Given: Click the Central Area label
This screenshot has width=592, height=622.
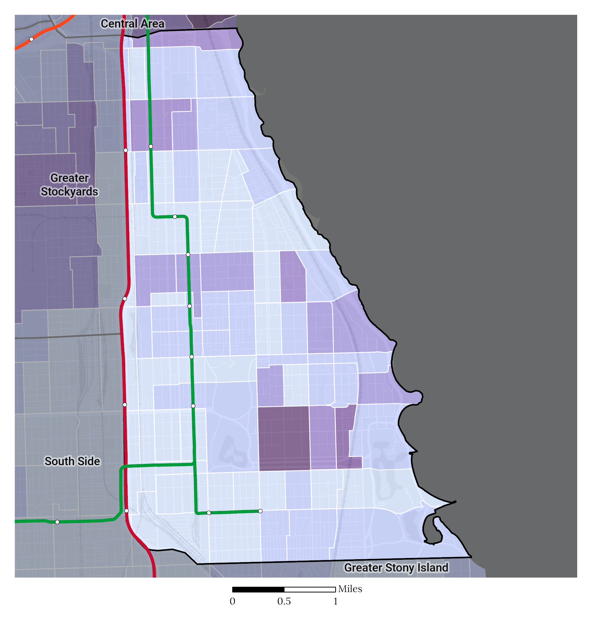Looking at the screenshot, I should click(x=132, y=24).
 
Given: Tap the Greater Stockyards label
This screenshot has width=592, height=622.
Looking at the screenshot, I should click(x=70, y=185).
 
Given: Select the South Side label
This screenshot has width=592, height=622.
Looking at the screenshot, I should click(x=72, y=461).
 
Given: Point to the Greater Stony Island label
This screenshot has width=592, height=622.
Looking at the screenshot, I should click(x=396, y=568).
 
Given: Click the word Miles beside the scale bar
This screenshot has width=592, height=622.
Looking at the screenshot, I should click(x=350, y=589).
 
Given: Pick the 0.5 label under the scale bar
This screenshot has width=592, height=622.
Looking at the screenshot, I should click(x=284, y=601).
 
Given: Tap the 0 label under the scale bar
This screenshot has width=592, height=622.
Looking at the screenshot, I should click(x=232, y=601).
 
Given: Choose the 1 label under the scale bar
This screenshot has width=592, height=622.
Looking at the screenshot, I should click(x=335, y=601).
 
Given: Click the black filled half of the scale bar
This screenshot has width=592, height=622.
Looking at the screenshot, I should click(x=258, y=589).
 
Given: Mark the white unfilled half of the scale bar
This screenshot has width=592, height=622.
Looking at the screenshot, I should click(x=310, y=589).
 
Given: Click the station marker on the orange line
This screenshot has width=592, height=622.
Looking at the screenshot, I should click(x=32, y=39).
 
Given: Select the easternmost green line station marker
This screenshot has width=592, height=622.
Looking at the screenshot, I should click(x=260, y=511).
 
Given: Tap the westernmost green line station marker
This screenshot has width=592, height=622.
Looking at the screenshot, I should click(x=57, y=522).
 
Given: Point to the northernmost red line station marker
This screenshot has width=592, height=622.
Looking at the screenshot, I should click(x=126, y=150).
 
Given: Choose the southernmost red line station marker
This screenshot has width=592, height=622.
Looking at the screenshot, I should click(x=127, y=511).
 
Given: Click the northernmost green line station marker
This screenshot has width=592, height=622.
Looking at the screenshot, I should click(x=151, y=147).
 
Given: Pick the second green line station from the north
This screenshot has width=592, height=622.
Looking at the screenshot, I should click(x=175, y=217).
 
